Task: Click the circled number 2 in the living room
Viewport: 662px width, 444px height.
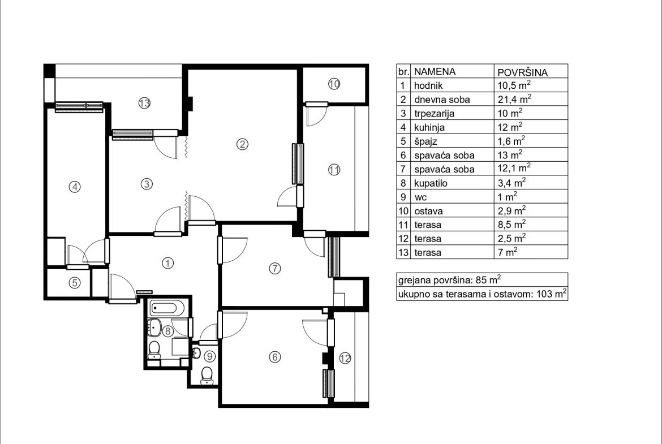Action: [x=242, y=144]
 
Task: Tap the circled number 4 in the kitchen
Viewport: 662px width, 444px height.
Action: [x=75, y=187]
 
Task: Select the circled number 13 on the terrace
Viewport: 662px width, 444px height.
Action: [x=144, y=103]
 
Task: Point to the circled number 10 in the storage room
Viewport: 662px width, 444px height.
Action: [x=334, y=84]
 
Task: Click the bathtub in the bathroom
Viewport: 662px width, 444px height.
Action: [x=167, y=308]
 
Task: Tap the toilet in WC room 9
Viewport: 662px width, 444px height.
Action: [x=207, y=375]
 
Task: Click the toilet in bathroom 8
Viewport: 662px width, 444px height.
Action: [x=154, y=350]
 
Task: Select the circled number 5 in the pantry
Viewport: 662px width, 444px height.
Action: [x=75, y=282]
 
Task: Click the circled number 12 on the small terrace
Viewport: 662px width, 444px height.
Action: [x=345, y=359]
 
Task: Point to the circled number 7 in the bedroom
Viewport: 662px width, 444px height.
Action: [x=275, y=269]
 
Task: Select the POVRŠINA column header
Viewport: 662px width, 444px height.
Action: [x=522, y=72]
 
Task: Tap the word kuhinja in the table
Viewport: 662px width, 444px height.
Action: [x=429, y=127]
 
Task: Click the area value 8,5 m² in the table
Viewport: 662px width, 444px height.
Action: [x=511, y=224]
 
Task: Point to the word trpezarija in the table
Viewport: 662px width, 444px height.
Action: [x=435, y=114]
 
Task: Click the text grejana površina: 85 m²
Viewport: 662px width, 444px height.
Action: [x=450, y=279]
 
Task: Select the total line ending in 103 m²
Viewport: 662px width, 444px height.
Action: [x=482, y=294]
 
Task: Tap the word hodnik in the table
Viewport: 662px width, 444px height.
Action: [x=428, y=85]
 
